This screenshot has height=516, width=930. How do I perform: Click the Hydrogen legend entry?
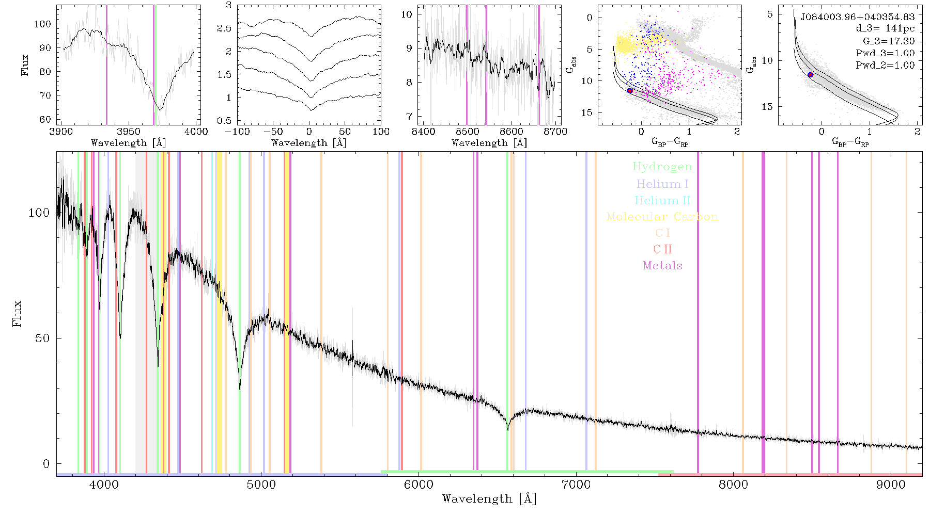click(x=662, y=167)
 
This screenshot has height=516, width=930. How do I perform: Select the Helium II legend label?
click(x=662, y=200)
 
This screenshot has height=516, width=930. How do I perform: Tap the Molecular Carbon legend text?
click(x=662, y=217)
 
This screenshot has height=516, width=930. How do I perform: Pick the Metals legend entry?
click(x=663, y=266)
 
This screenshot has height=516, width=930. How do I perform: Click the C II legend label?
click(x=663, y=249)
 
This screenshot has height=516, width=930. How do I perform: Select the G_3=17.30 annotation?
click(x=889, y=41)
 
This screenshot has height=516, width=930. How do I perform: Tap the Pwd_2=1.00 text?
click(x=885, y=65)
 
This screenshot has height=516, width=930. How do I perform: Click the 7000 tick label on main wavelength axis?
click(x=576, y=485)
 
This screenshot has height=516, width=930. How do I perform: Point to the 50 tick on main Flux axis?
click(x=43, y=338)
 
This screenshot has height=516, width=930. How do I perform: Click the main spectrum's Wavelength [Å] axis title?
click(x=489, y=499)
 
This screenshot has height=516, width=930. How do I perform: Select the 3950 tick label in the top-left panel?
click(x=129, y=132)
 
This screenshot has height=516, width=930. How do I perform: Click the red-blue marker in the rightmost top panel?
click(x=811, y=75)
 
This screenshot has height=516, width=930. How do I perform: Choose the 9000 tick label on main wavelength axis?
click(x=890, y=485)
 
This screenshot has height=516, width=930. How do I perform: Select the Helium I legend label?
click(x=662, y=184)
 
